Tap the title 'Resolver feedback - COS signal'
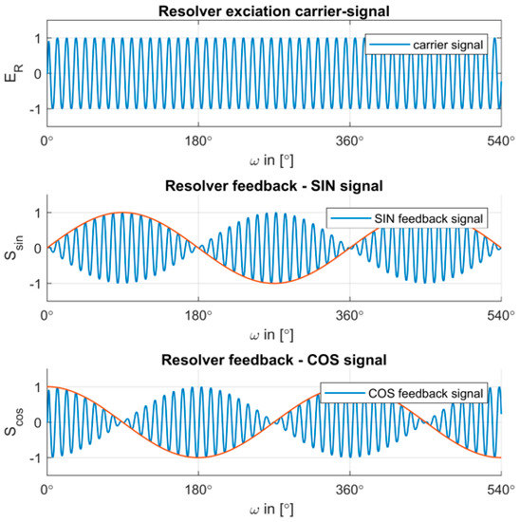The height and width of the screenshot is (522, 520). (x=273, y=360)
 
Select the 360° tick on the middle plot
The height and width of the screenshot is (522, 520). (x=349, y=315)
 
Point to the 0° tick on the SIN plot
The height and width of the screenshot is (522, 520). (x=46, y=315)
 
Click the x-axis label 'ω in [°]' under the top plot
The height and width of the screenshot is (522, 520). (x=273, y=159)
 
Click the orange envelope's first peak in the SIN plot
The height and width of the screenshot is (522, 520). (x=121, y=213)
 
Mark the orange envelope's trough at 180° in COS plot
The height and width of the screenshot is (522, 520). (x=197, y=457)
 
